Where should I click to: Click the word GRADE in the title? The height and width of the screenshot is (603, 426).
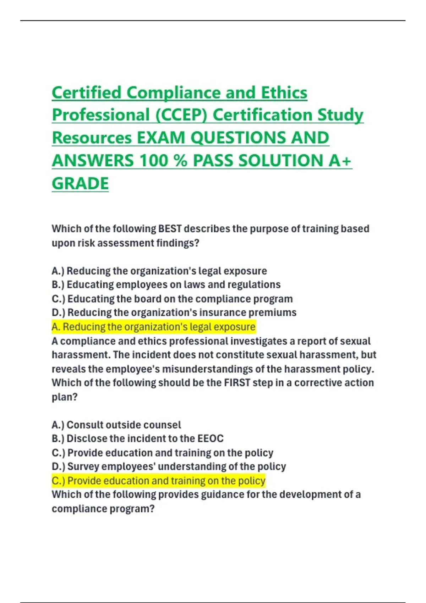click(x=80, y=183)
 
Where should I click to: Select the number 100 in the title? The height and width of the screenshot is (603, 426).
click(x=153, y=161)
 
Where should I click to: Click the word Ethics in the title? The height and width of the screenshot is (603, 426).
click(x=284, y=93)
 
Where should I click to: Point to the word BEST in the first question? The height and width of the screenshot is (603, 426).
click(x=170, y=229)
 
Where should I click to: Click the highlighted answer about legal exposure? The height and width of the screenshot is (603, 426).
click(x=153, y=327)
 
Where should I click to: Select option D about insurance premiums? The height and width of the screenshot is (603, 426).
click(x=174, y=312)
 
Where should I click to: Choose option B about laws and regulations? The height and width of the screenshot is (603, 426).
click(x=166, y=284)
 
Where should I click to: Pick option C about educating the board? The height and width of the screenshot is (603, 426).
click(x=172, y=299)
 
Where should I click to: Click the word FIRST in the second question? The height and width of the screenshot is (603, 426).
click(x=237, y=383)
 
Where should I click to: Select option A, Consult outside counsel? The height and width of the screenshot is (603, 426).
click(x=116, y=425)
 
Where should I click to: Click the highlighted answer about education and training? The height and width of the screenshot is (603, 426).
click(x=158, y=481)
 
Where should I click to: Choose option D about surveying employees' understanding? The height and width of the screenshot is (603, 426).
click(x=169, y=466)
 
